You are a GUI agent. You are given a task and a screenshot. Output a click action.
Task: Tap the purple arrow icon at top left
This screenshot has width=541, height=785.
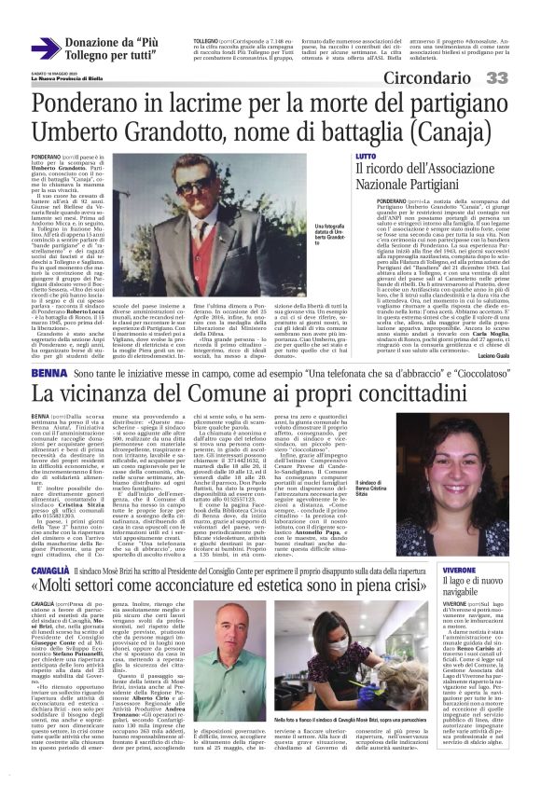[44, 48]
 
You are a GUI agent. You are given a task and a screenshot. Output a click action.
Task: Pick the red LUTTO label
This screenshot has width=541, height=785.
[366, 156]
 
